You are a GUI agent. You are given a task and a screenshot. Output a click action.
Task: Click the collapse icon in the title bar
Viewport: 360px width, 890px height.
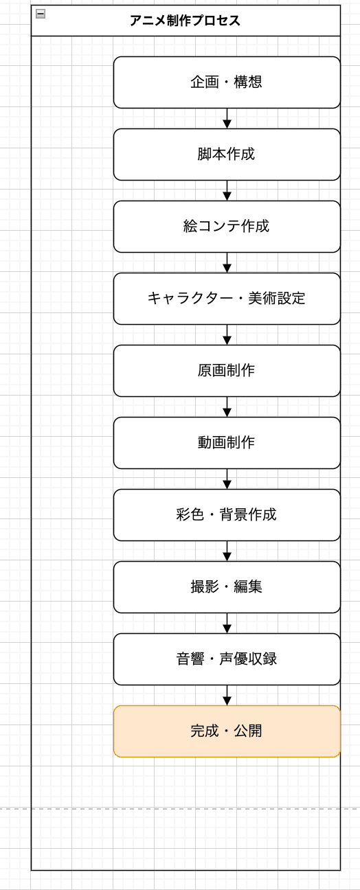click(x=41, y=13)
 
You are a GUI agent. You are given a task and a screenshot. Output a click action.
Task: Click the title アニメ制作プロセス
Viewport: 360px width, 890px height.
click(x=185, y=21)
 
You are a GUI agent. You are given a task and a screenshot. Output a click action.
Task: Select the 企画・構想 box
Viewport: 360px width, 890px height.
click(x=227, y=82)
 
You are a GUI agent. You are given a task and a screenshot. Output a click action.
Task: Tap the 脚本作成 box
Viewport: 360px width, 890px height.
click(x=227, y=155)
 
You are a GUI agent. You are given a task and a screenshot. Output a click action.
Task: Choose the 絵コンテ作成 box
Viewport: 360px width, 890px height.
click(x=227, y=227)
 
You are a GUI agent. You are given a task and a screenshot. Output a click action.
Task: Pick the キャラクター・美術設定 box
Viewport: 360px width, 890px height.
click(x=227, y=299)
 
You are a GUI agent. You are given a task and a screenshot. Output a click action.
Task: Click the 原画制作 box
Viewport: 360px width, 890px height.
click(x=227, y=371)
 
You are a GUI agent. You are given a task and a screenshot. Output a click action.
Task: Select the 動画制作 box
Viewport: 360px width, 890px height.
click(x=227, y=443)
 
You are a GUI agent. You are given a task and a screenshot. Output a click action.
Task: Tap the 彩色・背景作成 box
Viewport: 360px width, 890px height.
click(x=227, y=515)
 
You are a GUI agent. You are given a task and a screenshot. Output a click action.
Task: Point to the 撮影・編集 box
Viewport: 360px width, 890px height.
click(x=227, y=587)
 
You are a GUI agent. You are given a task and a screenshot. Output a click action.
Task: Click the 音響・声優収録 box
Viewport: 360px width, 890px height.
click(x=227, y=659)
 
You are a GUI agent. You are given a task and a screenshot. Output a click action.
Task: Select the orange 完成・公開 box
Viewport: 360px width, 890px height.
click(x=227, y=731)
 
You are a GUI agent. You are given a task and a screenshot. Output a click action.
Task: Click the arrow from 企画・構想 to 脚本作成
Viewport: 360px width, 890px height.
click(x=227, y=119)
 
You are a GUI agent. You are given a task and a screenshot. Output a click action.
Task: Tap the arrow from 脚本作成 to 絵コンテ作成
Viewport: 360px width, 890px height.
click(x=227, y=191)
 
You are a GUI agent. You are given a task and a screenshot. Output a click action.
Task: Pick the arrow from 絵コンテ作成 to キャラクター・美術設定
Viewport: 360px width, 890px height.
click(x=227, y=263)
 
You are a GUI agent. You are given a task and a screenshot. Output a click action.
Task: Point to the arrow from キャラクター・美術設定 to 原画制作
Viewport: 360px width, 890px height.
click(x=227, y=335)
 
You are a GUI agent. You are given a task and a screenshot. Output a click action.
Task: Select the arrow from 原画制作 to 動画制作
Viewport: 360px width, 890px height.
click(x=227, y=407)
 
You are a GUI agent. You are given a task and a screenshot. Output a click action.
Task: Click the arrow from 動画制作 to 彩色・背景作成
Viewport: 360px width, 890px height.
click(x=227, y=479)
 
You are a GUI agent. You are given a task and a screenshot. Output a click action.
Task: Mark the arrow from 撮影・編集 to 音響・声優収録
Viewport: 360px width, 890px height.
click(x=227, y=624)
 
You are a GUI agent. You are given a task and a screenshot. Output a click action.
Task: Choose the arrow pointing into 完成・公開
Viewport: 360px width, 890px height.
click(x=227, y=696)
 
